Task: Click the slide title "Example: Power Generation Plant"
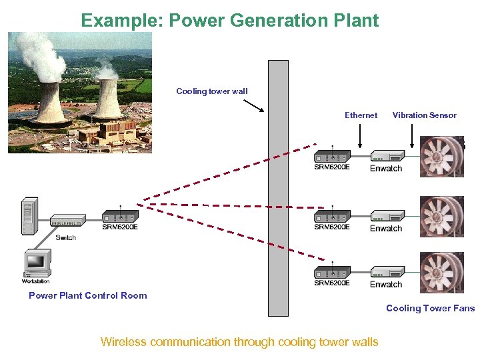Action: pyautogui.click(x=230, y=20)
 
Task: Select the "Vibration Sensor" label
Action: pyautogui.click(x=424, y=115)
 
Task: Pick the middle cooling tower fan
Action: pyautogui.click(x=441, y=217)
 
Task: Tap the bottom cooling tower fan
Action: pyautogui.click(x=441, y=273)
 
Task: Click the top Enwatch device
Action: pyautogui.click(x=387, y=156)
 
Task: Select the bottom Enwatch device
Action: pyautogui.click(x=387, y=272)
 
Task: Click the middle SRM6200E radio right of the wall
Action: pyautogui.click(x=331, y=215)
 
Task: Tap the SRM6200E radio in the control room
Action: pyautogui.click(x=120, y=216)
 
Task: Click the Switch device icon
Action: pyautogui.click(x=67, y=222)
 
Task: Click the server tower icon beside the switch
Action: pyautogui.click(x=28, y=216)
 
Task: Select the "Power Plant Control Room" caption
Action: pyautogui.click(x=87, y=295)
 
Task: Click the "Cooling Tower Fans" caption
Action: pyautogui.click(x=430, y=308)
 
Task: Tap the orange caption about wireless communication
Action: pyautogui.click(x=239, y=342)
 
